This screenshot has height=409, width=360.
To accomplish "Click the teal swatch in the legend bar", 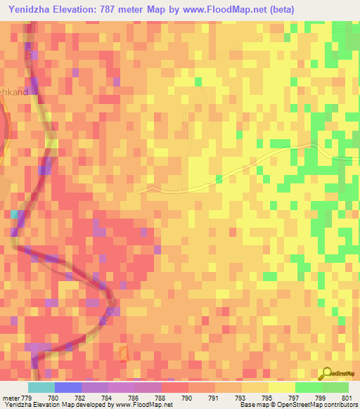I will point(41,387).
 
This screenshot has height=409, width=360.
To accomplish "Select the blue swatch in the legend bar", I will point(68,387).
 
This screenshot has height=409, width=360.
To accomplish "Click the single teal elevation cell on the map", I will point(14,214).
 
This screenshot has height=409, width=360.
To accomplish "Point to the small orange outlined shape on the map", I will point(125,353).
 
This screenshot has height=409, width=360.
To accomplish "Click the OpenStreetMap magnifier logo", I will point(328,373).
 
